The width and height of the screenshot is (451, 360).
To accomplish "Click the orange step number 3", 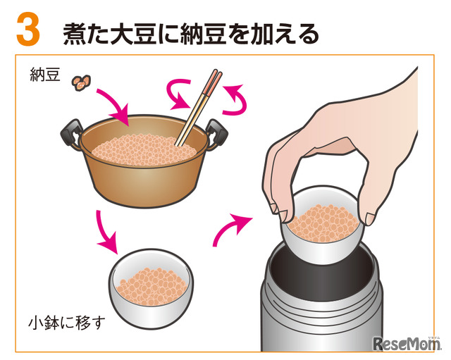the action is point(28,29).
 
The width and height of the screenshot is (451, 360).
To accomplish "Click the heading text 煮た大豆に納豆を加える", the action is point(191,34).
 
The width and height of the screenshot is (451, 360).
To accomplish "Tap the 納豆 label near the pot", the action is point(45,75).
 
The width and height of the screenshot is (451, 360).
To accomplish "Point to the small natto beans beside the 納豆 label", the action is point(81,83).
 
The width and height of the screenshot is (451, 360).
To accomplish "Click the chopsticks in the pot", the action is point(199,107).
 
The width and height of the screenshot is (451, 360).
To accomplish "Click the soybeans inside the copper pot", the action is point(143,149).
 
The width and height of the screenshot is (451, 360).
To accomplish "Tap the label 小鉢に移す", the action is point(66,323).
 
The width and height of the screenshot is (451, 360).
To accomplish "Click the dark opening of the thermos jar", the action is point(322,278).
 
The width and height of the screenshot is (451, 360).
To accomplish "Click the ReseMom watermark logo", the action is point(407,343).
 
